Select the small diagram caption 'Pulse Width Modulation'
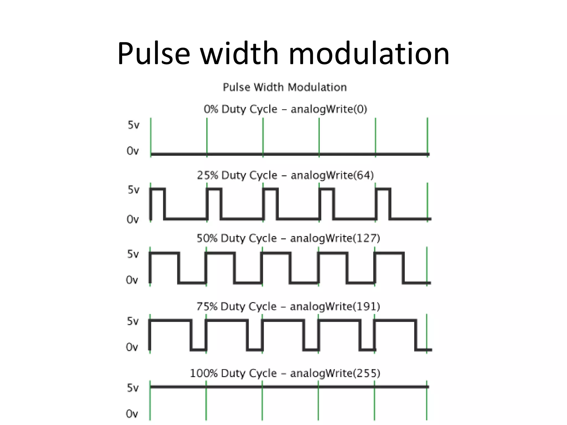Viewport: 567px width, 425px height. [x=285, y=87]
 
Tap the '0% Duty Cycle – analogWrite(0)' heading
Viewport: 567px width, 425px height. [x=285, y=109]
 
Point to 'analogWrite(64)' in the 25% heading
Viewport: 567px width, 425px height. [x=332, y=175]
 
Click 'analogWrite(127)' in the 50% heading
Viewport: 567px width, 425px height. [x=335, y=238]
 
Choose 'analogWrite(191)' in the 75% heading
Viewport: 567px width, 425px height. [x=335, y=307]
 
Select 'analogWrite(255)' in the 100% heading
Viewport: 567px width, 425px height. [x=335, y=374]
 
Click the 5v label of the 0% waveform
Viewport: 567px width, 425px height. [x=133, y=125]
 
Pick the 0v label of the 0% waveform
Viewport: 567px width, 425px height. [x=133, y=151]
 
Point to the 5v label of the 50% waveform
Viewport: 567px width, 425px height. [x=133, y=254]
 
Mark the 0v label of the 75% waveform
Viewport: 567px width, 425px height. [x=132, y=347]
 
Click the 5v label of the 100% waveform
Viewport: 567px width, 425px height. [x=133, y=388]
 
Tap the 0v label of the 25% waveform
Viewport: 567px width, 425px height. [x=133, y=219]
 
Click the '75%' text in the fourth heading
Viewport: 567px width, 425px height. [x=207, y=307]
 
